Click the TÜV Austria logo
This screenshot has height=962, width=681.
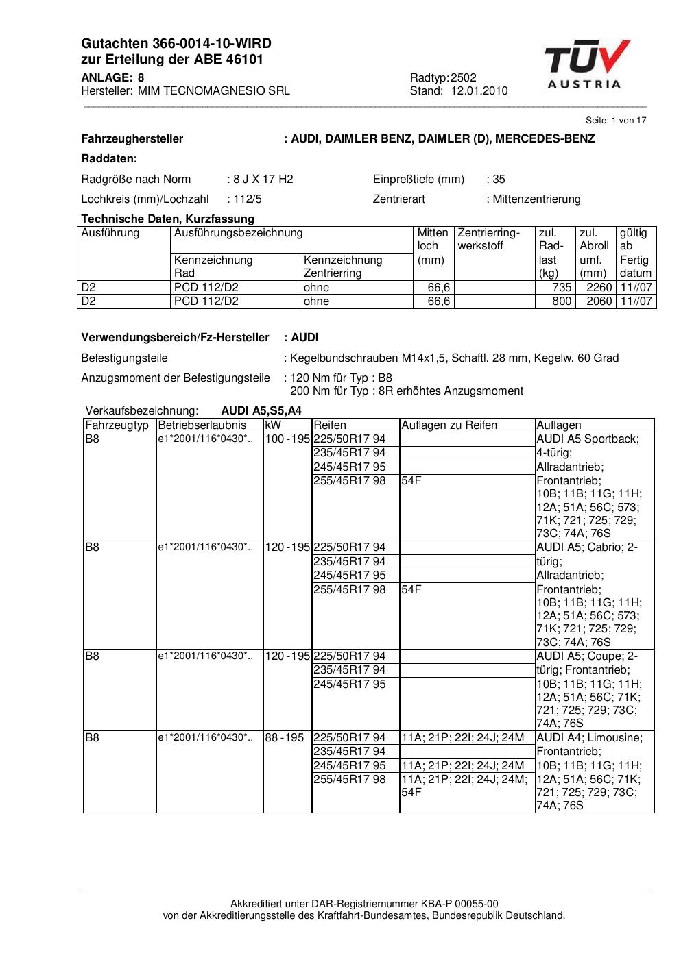[587, 64]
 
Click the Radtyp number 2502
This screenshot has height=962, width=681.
[464, 77]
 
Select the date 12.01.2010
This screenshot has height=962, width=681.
[479, 90]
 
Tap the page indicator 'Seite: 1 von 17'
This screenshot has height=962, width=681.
[616, 120]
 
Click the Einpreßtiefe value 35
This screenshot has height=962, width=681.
[499, 179]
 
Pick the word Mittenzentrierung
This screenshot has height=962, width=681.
[536, 199]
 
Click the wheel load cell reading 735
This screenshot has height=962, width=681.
[562, 287]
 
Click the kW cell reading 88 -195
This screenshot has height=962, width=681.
[284, 737]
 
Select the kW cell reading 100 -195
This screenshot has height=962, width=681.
[287, 439]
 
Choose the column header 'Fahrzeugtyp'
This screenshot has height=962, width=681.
[117, 425]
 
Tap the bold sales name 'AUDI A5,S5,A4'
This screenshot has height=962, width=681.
[261, 410]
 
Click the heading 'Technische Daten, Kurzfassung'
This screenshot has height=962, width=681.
[167, 219]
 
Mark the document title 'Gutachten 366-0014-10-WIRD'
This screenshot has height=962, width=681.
[176, 44]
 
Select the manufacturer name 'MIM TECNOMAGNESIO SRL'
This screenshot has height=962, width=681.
[213, 90]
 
